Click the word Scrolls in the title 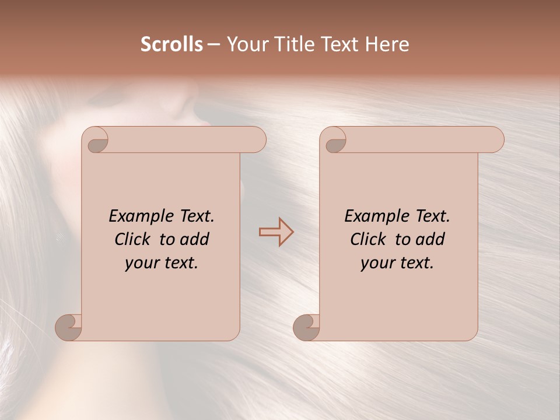pyautogui.click(x=171, y=44)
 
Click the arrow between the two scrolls pyautogui.click(x=276, y=232)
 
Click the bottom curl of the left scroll pyautogui.click(x=69, y=327)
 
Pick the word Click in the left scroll pyautogui.click(x=134, y=239)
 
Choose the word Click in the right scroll pyautogui.click(x=369, y=239)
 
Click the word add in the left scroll pyautogui.click(x=195, y=239)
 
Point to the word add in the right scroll pyautogui.click(x=430, y=239)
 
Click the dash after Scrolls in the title pyautogui.click(x=213, y=44)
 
